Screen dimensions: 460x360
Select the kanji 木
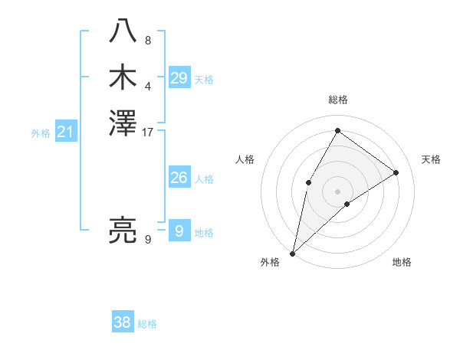tap(123, 77)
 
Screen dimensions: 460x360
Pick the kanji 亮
tap(123, 230)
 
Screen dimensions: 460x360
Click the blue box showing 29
tap(179, 78)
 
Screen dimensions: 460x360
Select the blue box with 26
tap(179, 178)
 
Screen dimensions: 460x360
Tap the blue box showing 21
tap(66, 132)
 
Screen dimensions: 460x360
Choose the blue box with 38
tap(123, 322)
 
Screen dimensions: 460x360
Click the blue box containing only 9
tap(179, 231)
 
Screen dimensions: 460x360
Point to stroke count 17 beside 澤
tap(148, 133)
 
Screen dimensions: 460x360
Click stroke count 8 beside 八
tap(148, 41)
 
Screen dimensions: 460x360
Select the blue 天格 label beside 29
tap(204, 80)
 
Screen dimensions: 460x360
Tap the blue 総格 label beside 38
tap(147, 324)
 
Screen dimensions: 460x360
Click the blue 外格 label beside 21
tap(41, 133)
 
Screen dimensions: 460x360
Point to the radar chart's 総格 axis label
tap(338, 100)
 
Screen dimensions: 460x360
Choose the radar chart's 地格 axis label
tap(402, 262)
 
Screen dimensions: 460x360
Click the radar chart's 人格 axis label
tap(245, 159)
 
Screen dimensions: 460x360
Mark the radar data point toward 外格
tap(293, 253)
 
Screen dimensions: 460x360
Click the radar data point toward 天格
tap(396, 172)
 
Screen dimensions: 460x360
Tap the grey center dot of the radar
tap(337, 191)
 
